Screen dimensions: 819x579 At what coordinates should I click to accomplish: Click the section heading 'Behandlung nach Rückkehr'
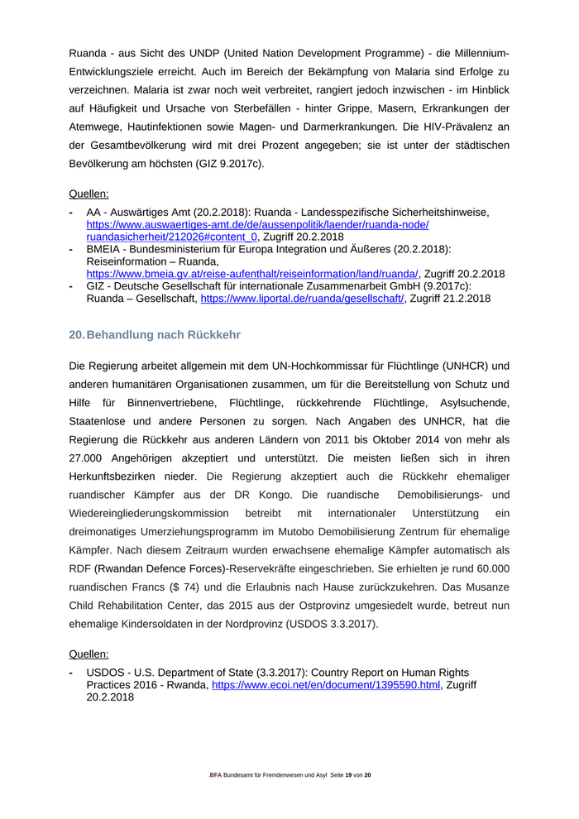[163, 334]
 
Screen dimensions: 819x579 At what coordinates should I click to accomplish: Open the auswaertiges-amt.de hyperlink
[257, 225]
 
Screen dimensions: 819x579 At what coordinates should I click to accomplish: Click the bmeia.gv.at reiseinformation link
[253, 274]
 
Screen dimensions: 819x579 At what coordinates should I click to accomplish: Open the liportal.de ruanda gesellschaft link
[303, 299]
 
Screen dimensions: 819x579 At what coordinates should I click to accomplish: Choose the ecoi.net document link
[326, 685]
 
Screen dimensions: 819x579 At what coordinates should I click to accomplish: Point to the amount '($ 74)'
[188, 587]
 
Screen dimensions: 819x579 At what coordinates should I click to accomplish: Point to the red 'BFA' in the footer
[215, 774]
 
